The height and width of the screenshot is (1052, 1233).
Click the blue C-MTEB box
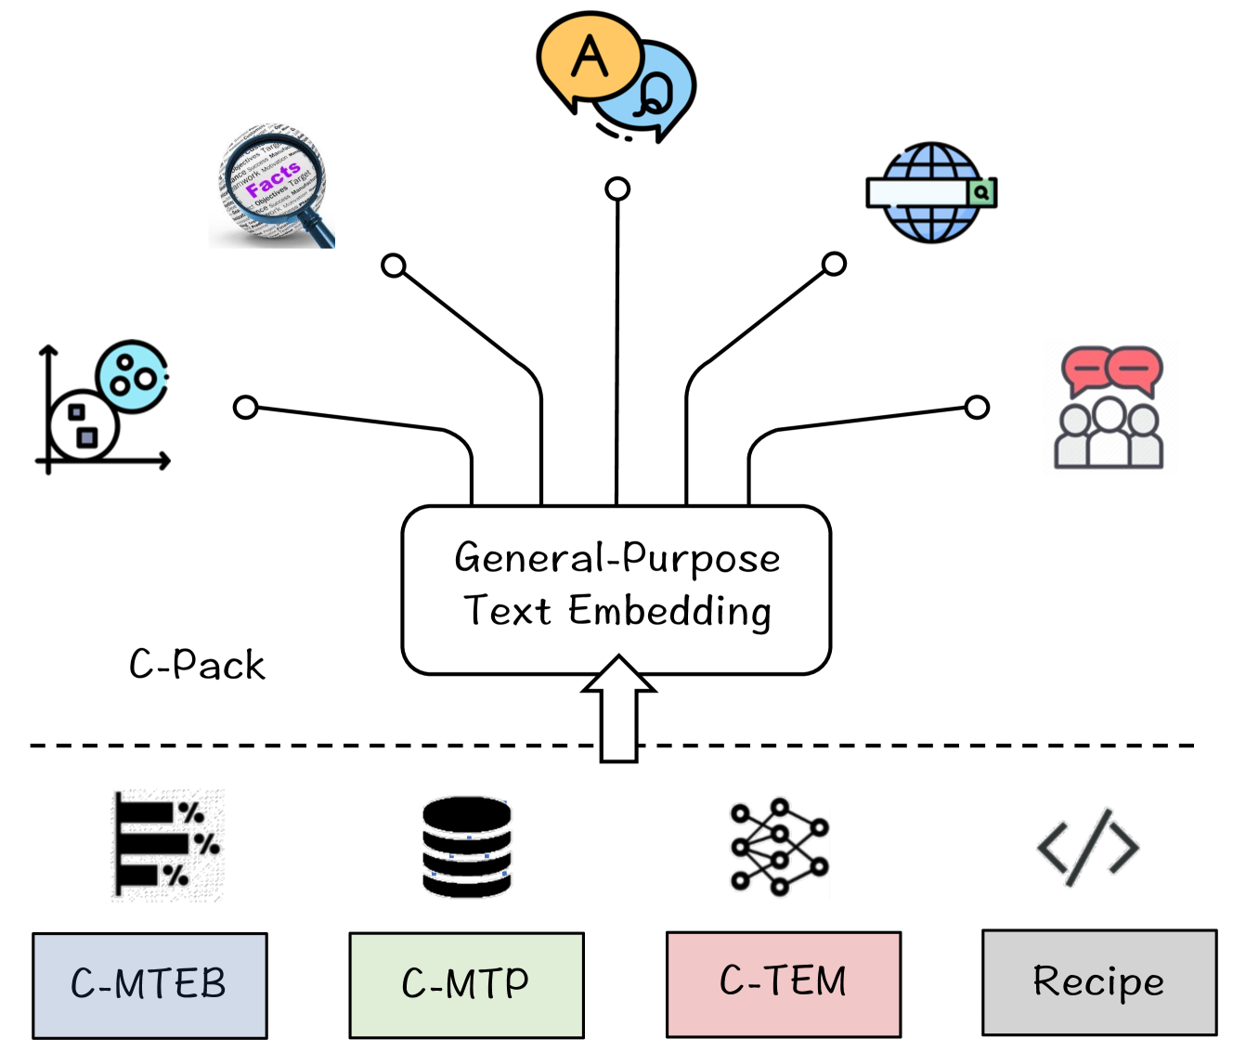pyautogui.click(x=149, y=984)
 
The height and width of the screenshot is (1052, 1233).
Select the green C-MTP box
pyautogui.click(x=466, y=984)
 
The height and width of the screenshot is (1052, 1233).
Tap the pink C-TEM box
pyautogui.click(x=783, y=983)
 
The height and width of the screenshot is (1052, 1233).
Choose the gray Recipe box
pyautogui.click(x=1099, y=981)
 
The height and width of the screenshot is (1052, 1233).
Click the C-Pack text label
pyautogui.click(x=197, y=665)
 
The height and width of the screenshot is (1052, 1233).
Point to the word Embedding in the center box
pyautogui.click(x=669, y=612)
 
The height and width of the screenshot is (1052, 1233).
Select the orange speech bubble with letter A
pyautogui.click(x=589, y=58)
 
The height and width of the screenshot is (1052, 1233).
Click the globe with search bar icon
pyautogui.click(x=931, y=192)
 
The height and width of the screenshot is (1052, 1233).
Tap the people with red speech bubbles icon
pyautogui.click(x=1110, y=408)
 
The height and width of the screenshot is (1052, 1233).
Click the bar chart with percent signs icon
pyautogui.click(x=168, y=845)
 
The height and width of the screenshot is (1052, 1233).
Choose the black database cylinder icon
pyautogui.click(x=466, y=846)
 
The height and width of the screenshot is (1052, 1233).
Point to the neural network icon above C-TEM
pyautogui.click(x=779, y=846)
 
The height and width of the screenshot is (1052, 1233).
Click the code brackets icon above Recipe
pyautogui.click(x=1088, y=846)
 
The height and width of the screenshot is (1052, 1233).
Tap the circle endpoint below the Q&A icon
pyautogui.click(x=617, y=189)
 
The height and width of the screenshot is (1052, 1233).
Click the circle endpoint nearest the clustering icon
pyautogui.click(x=245, y=407)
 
